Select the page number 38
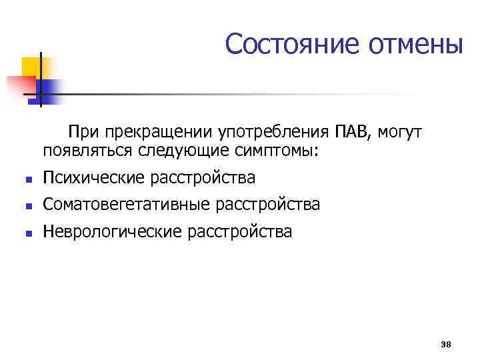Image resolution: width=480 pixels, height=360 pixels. point(446,344)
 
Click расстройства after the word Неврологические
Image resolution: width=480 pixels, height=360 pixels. point(236,231)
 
